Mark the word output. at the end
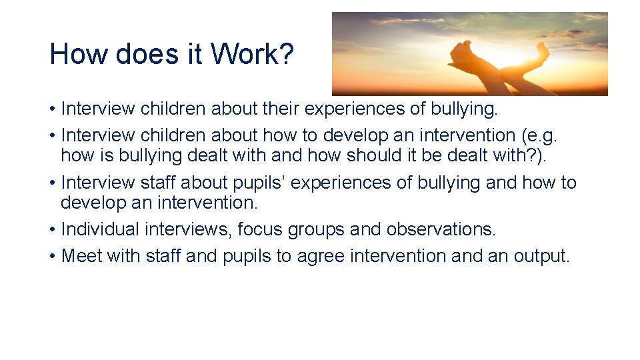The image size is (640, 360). click(x=541, y=257)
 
